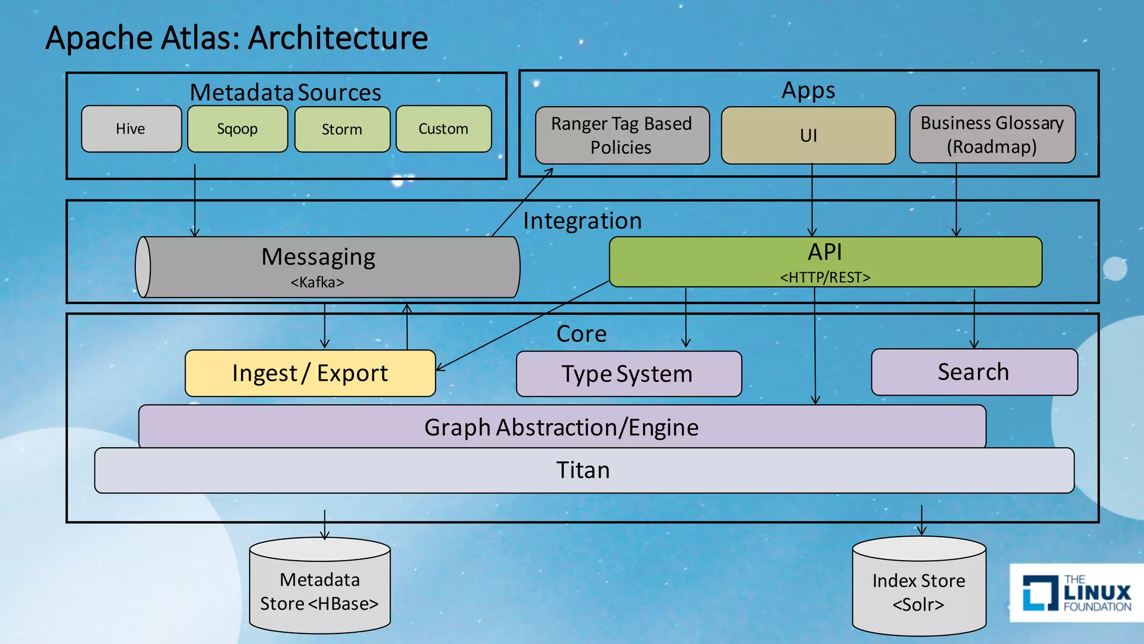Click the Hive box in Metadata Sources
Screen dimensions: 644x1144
click(x=131, y=129)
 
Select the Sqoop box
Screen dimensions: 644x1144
click(x=237, y=129)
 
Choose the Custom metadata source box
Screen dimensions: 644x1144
click(x=444, y=129)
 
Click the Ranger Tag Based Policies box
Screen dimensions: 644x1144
click(x=622, y=135)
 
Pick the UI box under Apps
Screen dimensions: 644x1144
click(x=808, y=135)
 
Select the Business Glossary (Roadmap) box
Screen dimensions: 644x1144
click(x=992, y=135)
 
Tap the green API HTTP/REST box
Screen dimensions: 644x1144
click(x=825, y=262)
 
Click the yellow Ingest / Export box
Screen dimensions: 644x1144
click(x=310, y=373)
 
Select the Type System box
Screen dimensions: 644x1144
click(x=628, y=374)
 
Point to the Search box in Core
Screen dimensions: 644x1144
click(x=974, y=372)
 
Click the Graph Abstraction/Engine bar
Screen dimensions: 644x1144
click(x=561, y=427)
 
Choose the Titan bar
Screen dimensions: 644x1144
click(x=583, y=470)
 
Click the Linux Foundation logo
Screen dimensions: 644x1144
click(x=1076, y=593)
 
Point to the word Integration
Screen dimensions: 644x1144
click(x=582, y=221)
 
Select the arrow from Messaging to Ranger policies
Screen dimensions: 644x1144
click(x=522, y=202)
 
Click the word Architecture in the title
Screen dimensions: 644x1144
click(x=338, y=38)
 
